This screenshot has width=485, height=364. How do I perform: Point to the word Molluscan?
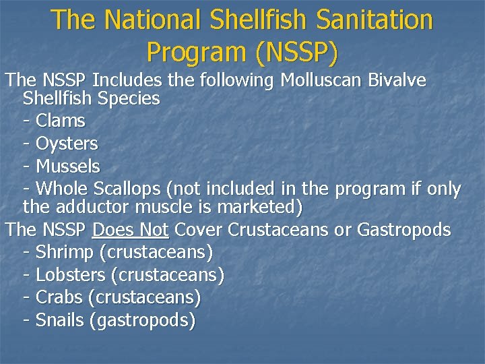(321, 81)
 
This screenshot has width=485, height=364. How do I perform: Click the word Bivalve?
(398, 81)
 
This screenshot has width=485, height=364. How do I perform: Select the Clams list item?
(60, 121)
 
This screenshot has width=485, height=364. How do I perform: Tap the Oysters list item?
(66, 144)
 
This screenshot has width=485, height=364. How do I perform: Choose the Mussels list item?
(67, 166)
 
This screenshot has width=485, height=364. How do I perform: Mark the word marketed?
(263, 206)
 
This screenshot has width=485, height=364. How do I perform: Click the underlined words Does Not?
(130, 230)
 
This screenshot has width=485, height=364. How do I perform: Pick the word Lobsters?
(70, 275)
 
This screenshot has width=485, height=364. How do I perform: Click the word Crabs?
(59, 297)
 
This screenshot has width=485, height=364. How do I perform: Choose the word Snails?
(60, 320)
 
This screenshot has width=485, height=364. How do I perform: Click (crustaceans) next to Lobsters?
(167, 275)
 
